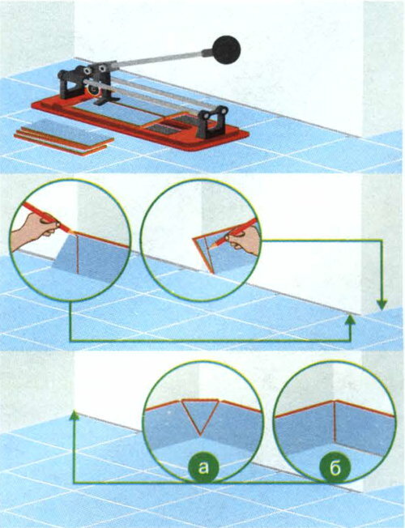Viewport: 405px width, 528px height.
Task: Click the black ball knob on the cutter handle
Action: (x=226, y=50)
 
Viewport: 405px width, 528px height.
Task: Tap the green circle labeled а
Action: (x=203, y=468)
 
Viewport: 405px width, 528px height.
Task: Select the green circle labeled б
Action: (x=335, y=468)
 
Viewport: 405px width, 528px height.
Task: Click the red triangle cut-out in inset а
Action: (x=200, y=417)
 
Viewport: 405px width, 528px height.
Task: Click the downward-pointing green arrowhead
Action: (x=382, y=304)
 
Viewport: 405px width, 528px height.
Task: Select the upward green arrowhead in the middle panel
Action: (x=351, y=320)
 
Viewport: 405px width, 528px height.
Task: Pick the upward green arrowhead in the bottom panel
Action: (x=75, y=415)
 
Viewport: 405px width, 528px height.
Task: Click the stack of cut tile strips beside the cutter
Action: (x=64, y=136)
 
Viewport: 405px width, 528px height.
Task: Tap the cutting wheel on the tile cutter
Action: (x=92, y=90)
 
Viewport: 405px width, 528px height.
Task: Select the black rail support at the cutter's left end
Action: (x=71, y=83)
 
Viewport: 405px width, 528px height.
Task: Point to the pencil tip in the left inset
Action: (x=75, y=232)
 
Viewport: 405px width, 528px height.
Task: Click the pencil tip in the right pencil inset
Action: (x=211, y=247)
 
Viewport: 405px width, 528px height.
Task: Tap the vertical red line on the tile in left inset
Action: (x=78, y=253)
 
